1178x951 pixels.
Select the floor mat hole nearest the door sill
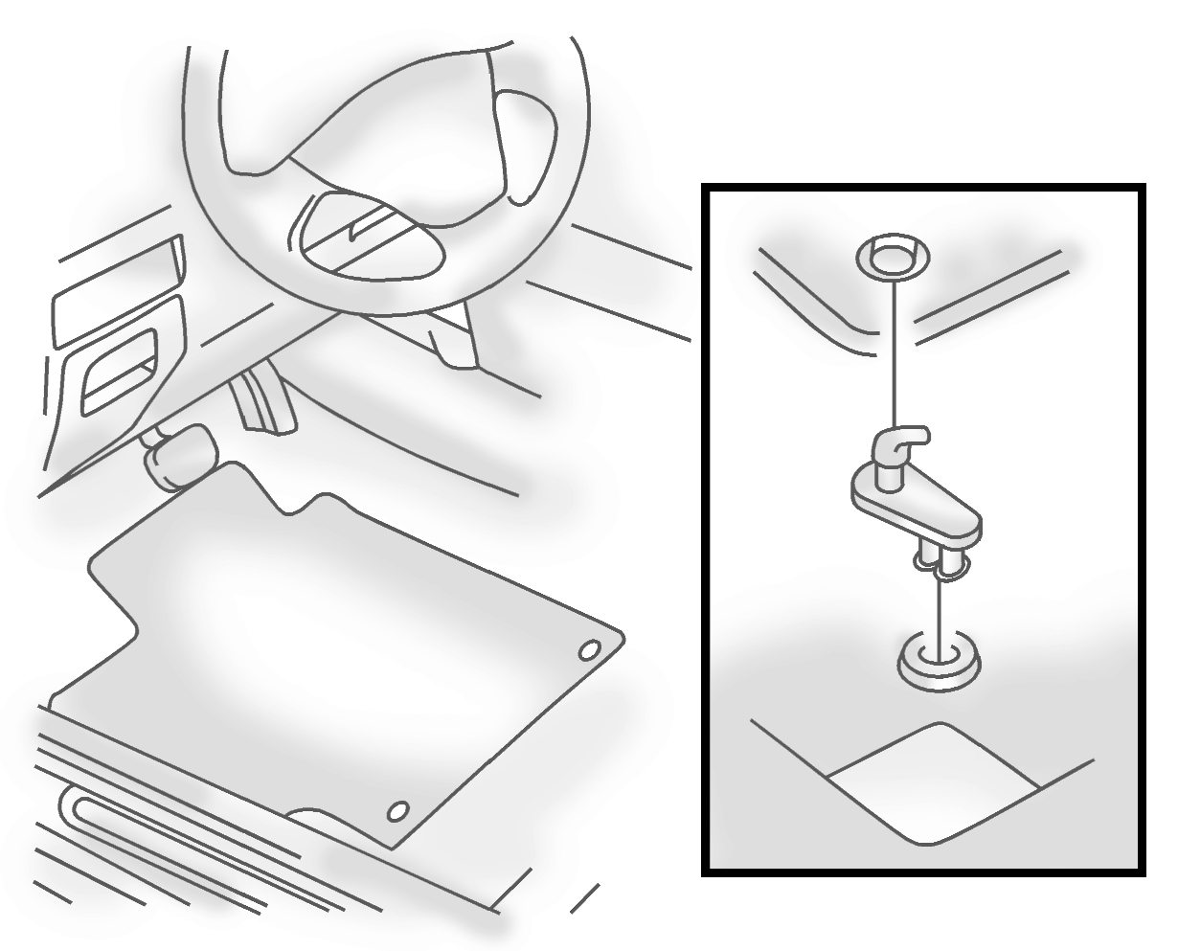pyautogui.click(x=396, y=812)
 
